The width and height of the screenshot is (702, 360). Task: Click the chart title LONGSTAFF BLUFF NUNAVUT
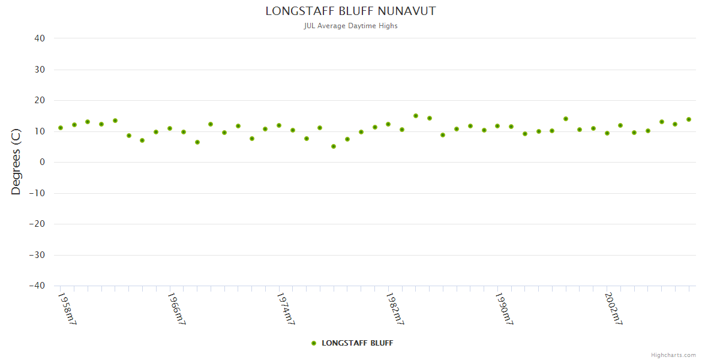[x=350, y=11]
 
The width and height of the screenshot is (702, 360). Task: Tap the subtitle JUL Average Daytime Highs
[x=350, y=26]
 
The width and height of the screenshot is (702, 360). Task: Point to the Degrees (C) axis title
[x=16, y=162]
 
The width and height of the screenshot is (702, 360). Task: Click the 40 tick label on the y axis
[x=40, y=38]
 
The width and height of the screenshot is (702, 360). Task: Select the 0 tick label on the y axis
[x=43, y=162]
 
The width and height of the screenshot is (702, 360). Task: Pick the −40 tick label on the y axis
[x=37, y=286]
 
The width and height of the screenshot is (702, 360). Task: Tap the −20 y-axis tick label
[x=37, y=224]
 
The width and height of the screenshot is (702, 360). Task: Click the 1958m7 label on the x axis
[x=67, y=309]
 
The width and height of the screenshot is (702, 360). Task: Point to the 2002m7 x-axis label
[x=613, y=309]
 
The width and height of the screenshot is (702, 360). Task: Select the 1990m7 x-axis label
[x=503, y=309]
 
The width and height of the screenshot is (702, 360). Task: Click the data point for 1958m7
[x=61, y=128]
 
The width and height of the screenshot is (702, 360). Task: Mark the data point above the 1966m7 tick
[x=170, y=128]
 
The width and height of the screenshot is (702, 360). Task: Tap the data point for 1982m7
[x=388, y=124]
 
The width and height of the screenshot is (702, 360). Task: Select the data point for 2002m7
[x=607, y=133]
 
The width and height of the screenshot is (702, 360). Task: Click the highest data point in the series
[x=416, y=116]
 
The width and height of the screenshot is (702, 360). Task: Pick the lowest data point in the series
[x=334, y=146]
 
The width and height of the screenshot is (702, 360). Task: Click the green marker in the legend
[x=314, y=343]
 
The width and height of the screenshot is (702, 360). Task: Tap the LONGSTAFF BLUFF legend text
[x=357, y=343]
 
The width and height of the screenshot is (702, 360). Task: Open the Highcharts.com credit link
[x=673, y=355]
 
